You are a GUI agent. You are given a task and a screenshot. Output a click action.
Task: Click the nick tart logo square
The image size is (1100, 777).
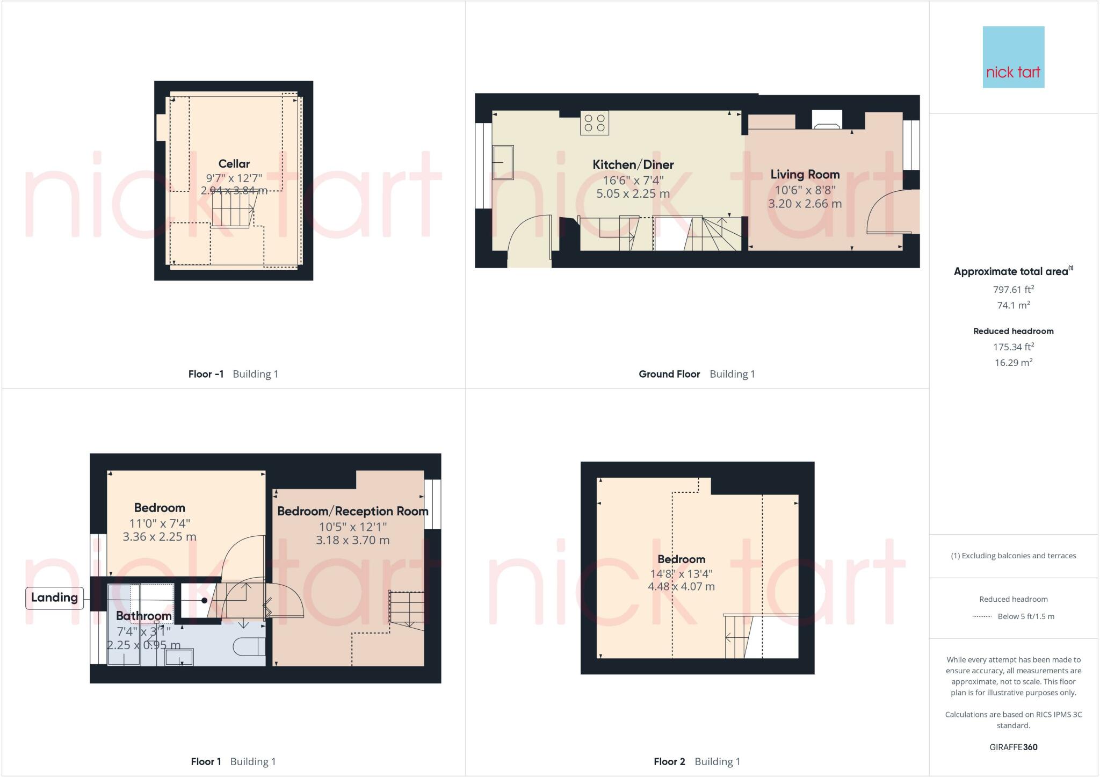[1013, 57]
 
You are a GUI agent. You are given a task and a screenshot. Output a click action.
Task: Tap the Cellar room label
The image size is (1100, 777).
[234, 164]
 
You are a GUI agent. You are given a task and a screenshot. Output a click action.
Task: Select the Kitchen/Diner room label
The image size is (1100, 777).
[633, 165]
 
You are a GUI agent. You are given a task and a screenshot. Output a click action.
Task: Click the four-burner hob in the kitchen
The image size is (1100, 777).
[594, 123]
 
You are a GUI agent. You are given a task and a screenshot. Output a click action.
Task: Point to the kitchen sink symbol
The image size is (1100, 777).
[503, 162]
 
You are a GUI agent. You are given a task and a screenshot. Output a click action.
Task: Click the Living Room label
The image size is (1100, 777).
[805, 175]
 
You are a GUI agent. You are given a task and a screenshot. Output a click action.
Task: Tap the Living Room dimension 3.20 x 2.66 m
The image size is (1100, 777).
[805, 204]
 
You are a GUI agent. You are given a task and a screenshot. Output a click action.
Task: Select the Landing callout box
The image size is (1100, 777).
[54, 598]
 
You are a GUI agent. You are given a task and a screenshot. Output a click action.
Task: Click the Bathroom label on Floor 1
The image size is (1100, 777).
[143, 616]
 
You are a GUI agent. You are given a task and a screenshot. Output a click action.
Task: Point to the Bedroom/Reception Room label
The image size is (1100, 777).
[352, 511]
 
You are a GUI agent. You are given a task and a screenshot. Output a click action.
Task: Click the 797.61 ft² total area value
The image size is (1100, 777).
[1013, 290]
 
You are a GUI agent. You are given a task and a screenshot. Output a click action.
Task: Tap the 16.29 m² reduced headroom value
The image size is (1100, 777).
[1013, 363]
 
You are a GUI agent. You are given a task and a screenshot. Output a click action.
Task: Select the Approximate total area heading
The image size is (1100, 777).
[1011, 272]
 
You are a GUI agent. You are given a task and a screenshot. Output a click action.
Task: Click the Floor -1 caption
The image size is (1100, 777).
[206, 374]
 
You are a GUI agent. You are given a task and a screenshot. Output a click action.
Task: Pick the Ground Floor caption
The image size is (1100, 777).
[669, 374]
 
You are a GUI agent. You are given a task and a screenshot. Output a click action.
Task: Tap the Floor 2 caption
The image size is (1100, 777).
[669, 761]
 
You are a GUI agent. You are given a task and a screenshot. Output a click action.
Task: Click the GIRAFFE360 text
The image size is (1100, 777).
[1013, 747]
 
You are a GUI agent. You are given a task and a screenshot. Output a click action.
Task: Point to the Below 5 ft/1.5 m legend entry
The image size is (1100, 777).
[1025, 616]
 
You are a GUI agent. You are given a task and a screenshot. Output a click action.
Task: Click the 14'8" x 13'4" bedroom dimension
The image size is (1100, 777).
[681, 573]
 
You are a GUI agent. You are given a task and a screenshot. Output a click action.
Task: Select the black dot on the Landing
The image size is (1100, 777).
[205, 600]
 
